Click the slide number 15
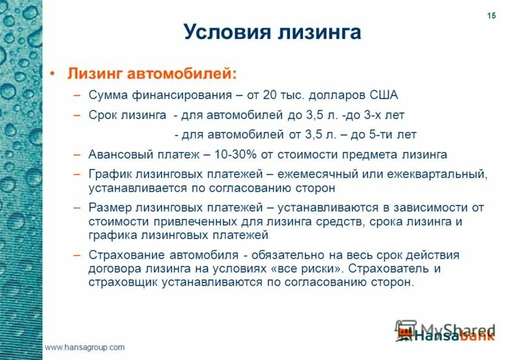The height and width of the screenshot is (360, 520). [491, 16]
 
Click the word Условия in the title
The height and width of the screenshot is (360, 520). [220, 32]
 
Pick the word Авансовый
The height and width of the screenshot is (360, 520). [121, 155]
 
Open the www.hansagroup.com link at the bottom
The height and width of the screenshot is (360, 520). [84, 348]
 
